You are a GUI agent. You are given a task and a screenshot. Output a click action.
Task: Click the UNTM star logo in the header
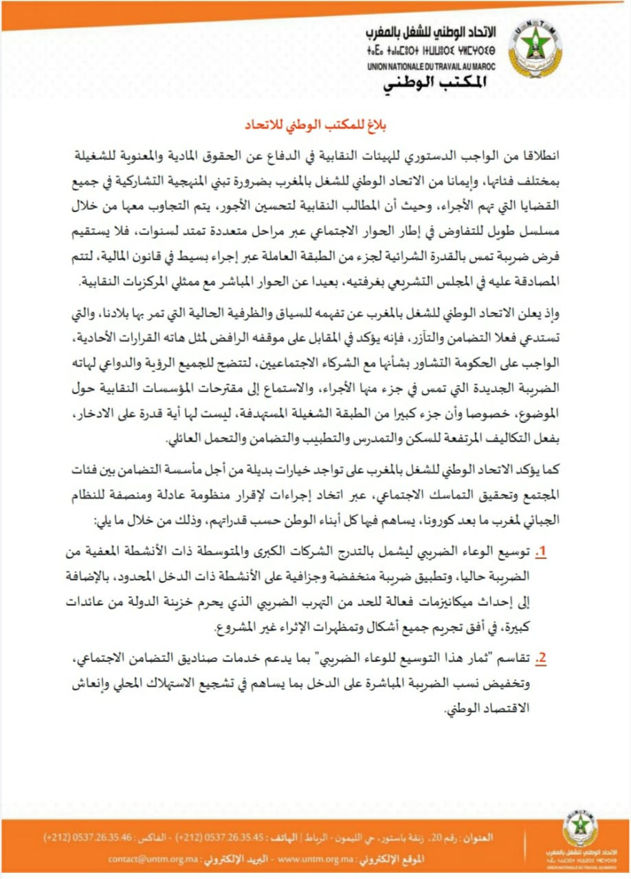tap(534, 52)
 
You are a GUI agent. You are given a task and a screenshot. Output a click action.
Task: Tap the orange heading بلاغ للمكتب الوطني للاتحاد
tap(315, 126)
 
